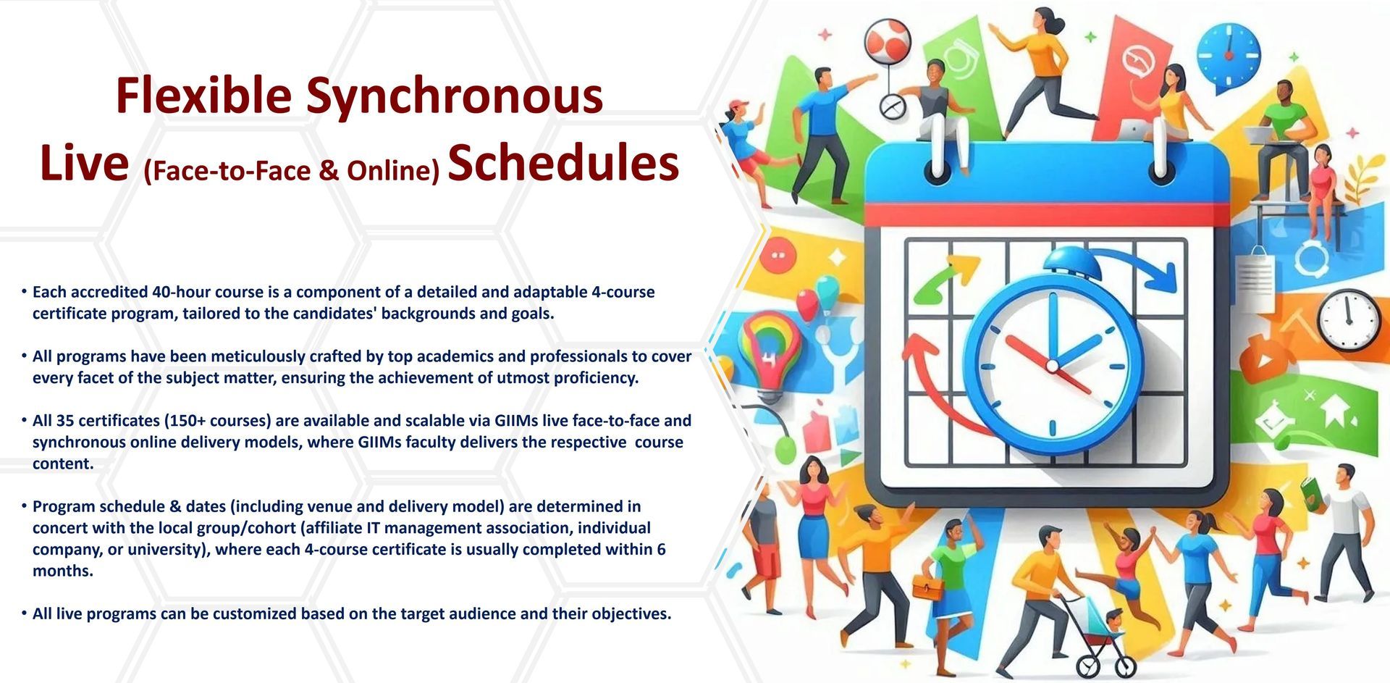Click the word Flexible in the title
coord(203,95)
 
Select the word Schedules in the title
coord(563,163)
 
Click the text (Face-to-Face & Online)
coord(291,170)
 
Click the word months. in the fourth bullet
coord(63,571)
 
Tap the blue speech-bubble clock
coord(1228,56)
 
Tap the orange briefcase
coord(927,584)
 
